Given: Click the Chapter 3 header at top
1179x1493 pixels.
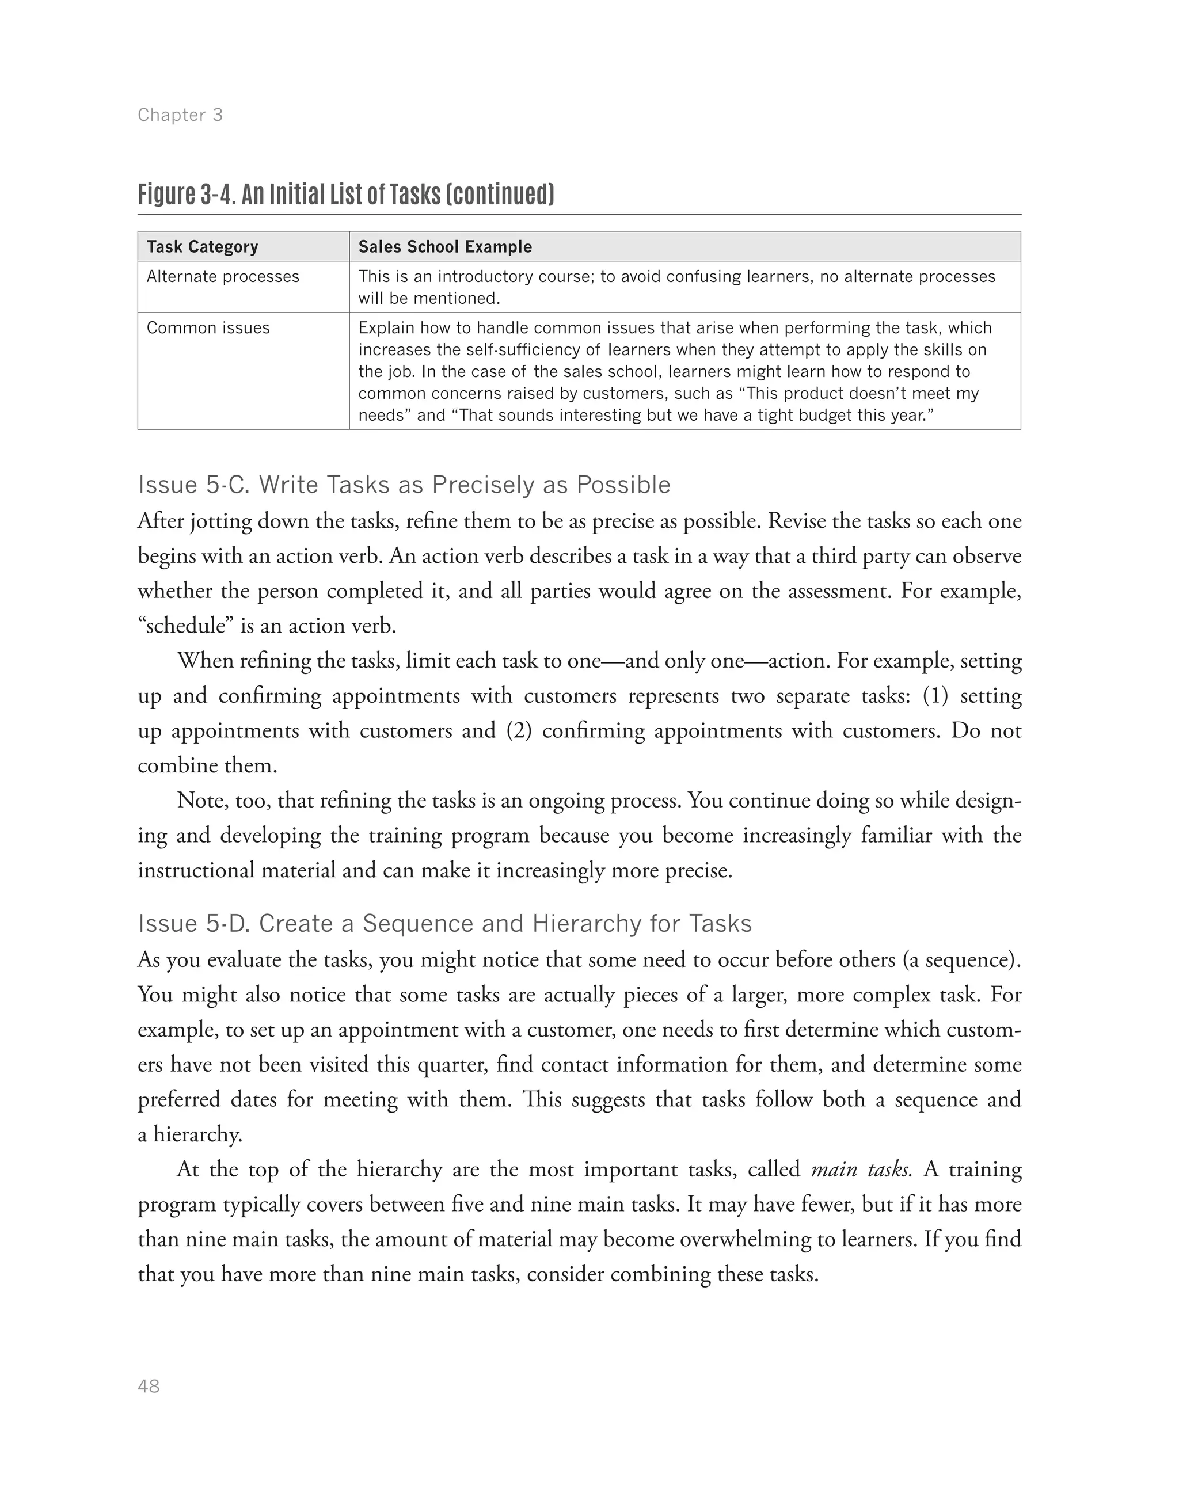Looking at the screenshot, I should point(180,115).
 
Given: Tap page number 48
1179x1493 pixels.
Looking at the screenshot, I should point(149,1386).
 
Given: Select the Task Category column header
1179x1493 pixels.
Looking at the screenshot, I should point(202,246).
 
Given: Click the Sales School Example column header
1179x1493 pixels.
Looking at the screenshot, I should point(445,246).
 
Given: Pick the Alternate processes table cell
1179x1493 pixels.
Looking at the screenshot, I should point(223,277).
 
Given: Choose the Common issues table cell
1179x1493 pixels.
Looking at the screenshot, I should point(208,328).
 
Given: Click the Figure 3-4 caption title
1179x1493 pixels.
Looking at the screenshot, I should point(345,195).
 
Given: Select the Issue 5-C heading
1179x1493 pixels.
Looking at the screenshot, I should point(404,485).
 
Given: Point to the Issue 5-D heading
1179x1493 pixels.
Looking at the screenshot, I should point(444,924).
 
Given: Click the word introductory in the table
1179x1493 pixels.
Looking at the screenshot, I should point(492,277).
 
